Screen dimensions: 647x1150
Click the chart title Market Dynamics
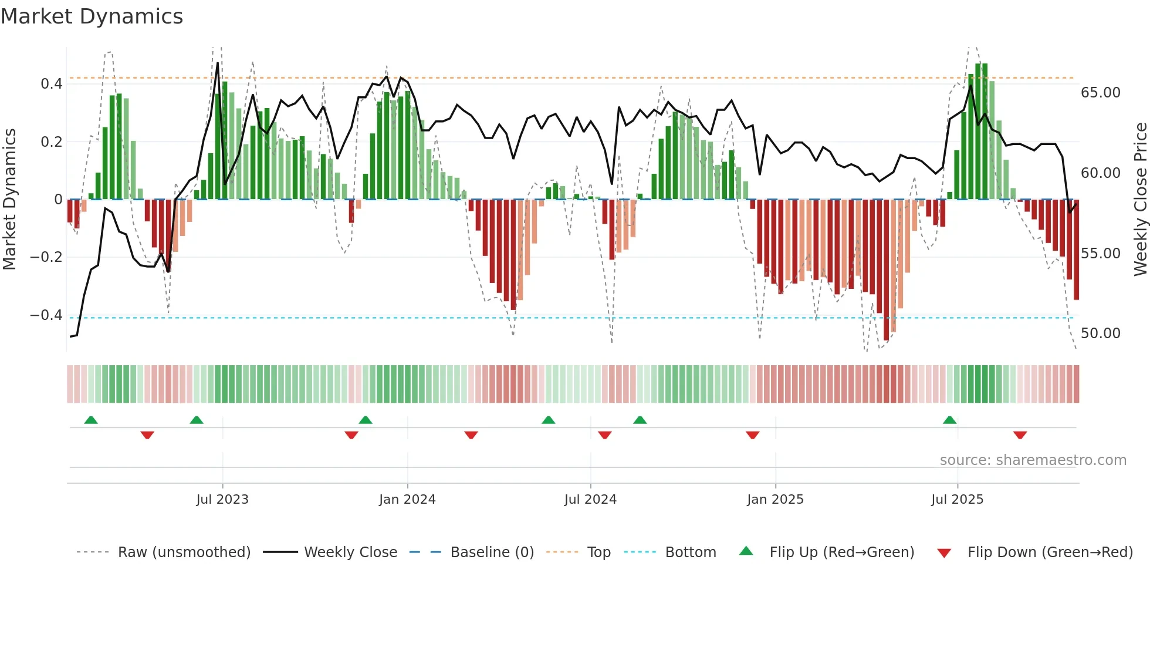[x=92, y=16]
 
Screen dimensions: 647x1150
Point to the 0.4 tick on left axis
[x=52, y=84]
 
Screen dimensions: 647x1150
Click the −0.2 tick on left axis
[x=46, y=257]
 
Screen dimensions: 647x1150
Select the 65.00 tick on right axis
[x=1100, y=93]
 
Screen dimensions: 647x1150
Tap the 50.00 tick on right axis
[x=1100, y=333]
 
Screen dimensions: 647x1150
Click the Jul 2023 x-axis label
[x=222, y=500]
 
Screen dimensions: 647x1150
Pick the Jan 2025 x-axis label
[x=775, y=500]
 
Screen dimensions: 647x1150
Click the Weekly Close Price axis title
[x=1140, y=200]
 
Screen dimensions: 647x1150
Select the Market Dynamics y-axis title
[x=9, y=200]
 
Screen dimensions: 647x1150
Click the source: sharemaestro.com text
[x=1033, y=460]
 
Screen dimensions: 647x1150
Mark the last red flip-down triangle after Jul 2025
[x=1020, y=435]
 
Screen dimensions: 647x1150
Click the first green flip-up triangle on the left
[x=91, y=420]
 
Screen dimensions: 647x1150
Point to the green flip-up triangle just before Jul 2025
[x=949, y=420]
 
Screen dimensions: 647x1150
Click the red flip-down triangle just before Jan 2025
[x=753, y=435]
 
